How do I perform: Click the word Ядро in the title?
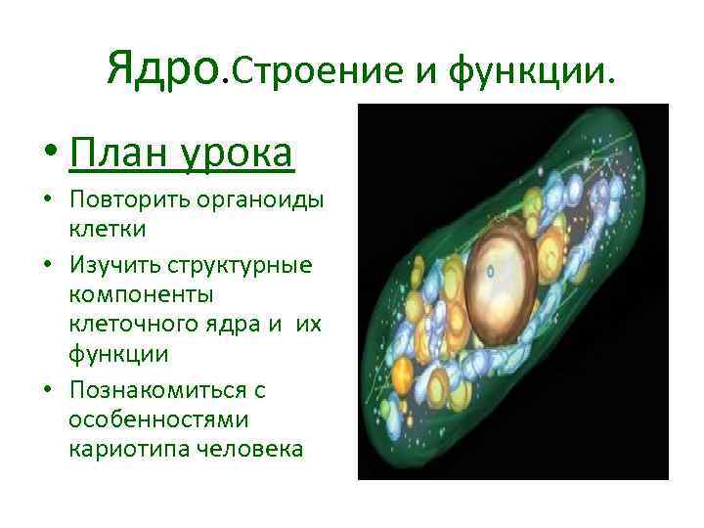[164, 68]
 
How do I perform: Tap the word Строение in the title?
[313, 70]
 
